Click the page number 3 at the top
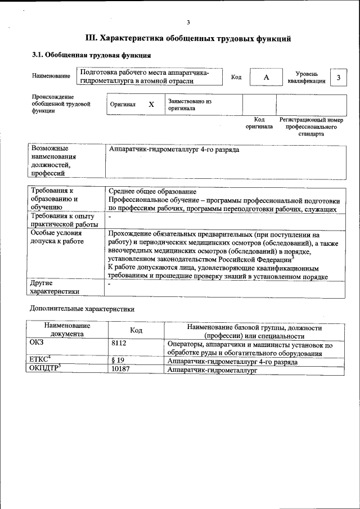[188, 22]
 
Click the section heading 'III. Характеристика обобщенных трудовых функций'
[188, 39]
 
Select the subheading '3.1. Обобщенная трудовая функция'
[91, 56]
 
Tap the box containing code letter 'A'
[267, 77]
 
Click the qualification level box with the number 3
[338, 77]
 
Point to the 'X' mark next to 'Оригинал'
[151, 105]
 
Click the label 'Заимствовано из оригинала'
[190, 105]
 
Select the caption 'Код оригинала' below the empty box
[259, 123]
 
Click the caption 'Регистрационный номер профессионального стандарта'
[311, 127]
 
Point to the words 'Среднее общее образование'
[152, 192]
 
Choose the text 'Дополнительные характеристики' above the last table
[82, 309]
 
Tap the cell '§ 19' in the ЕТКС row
[118, 362]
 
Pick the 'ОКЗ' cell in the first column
[37, 341]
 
